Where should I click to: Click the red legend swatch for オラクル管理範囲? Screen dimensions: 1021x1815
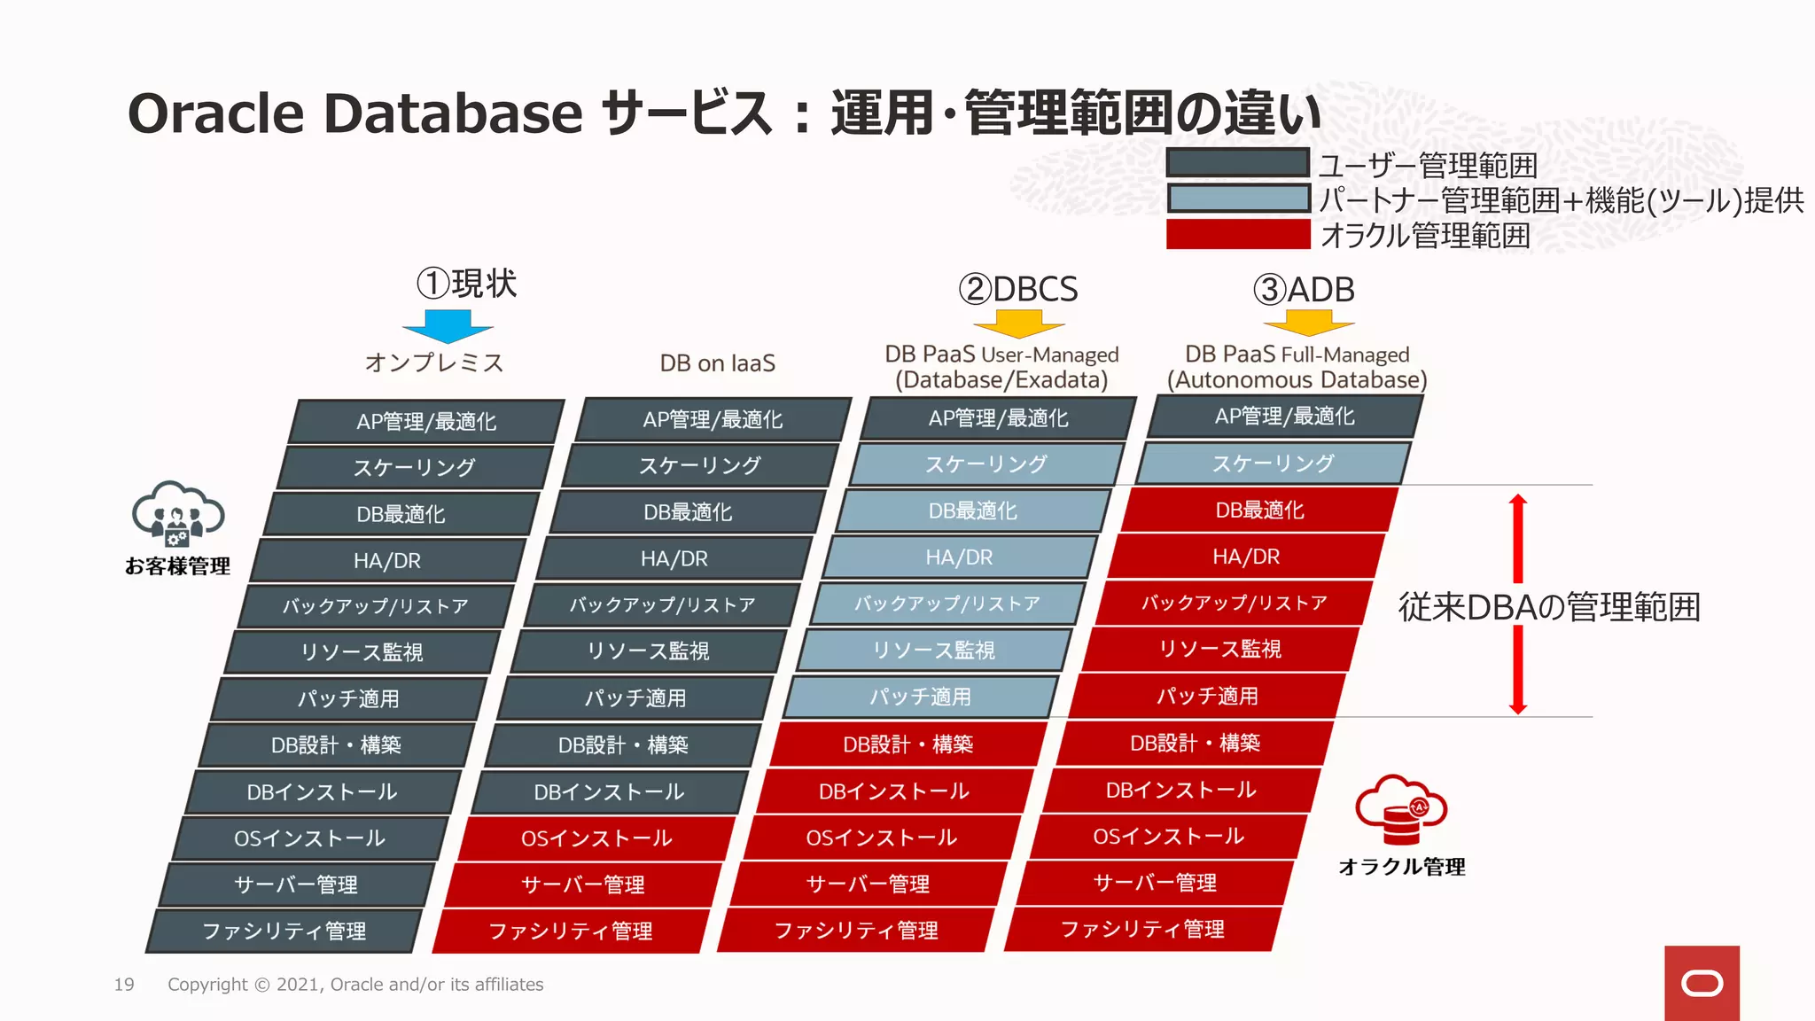(x=1237, y=235)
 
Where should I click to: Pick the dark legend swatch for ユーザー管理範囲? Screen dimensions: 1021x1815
(x=1237, y=163)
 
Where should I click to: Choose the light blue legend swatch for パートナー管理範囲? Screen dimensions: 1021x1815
(x=1237, y=199)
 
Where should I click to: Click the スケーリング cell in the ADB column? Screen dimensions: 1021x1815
(x=1273, y=464)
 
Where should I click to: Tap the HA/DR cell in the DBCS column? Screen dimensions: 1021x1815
(x=959, y=557)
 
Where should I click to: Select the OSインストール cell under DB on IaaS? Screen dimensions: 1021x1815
(x=596, y=838)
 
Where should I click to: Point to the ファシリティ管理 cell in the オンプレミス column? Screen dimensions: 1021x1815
(x=284, y=931)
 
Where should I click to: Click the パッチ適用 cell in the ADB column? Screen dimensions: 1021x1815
(x=1207, y=697)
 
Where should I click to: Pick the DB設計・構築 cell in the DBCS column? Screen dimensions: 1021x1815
(x=907, y=744)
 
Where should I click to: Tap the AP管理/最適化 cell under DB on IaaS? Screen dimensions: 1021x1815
(x=713, y=420)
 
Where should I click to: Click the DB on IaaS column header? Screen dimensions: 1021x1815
(x=717, y=363)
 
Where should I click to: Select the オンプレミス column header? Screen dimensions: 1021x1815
(x=434, y=362)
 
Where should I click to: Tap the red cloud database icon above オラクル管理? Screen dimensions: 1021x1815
(x=1400, y=808)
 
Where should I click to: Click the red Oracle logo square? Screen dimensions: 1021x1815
(x=1702, y=983)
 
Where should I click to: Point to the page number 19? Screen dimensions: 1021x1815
(x=124, y=985)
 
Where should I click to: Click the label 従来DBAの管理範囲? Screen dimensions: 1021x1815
(x=1549, y=607)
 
